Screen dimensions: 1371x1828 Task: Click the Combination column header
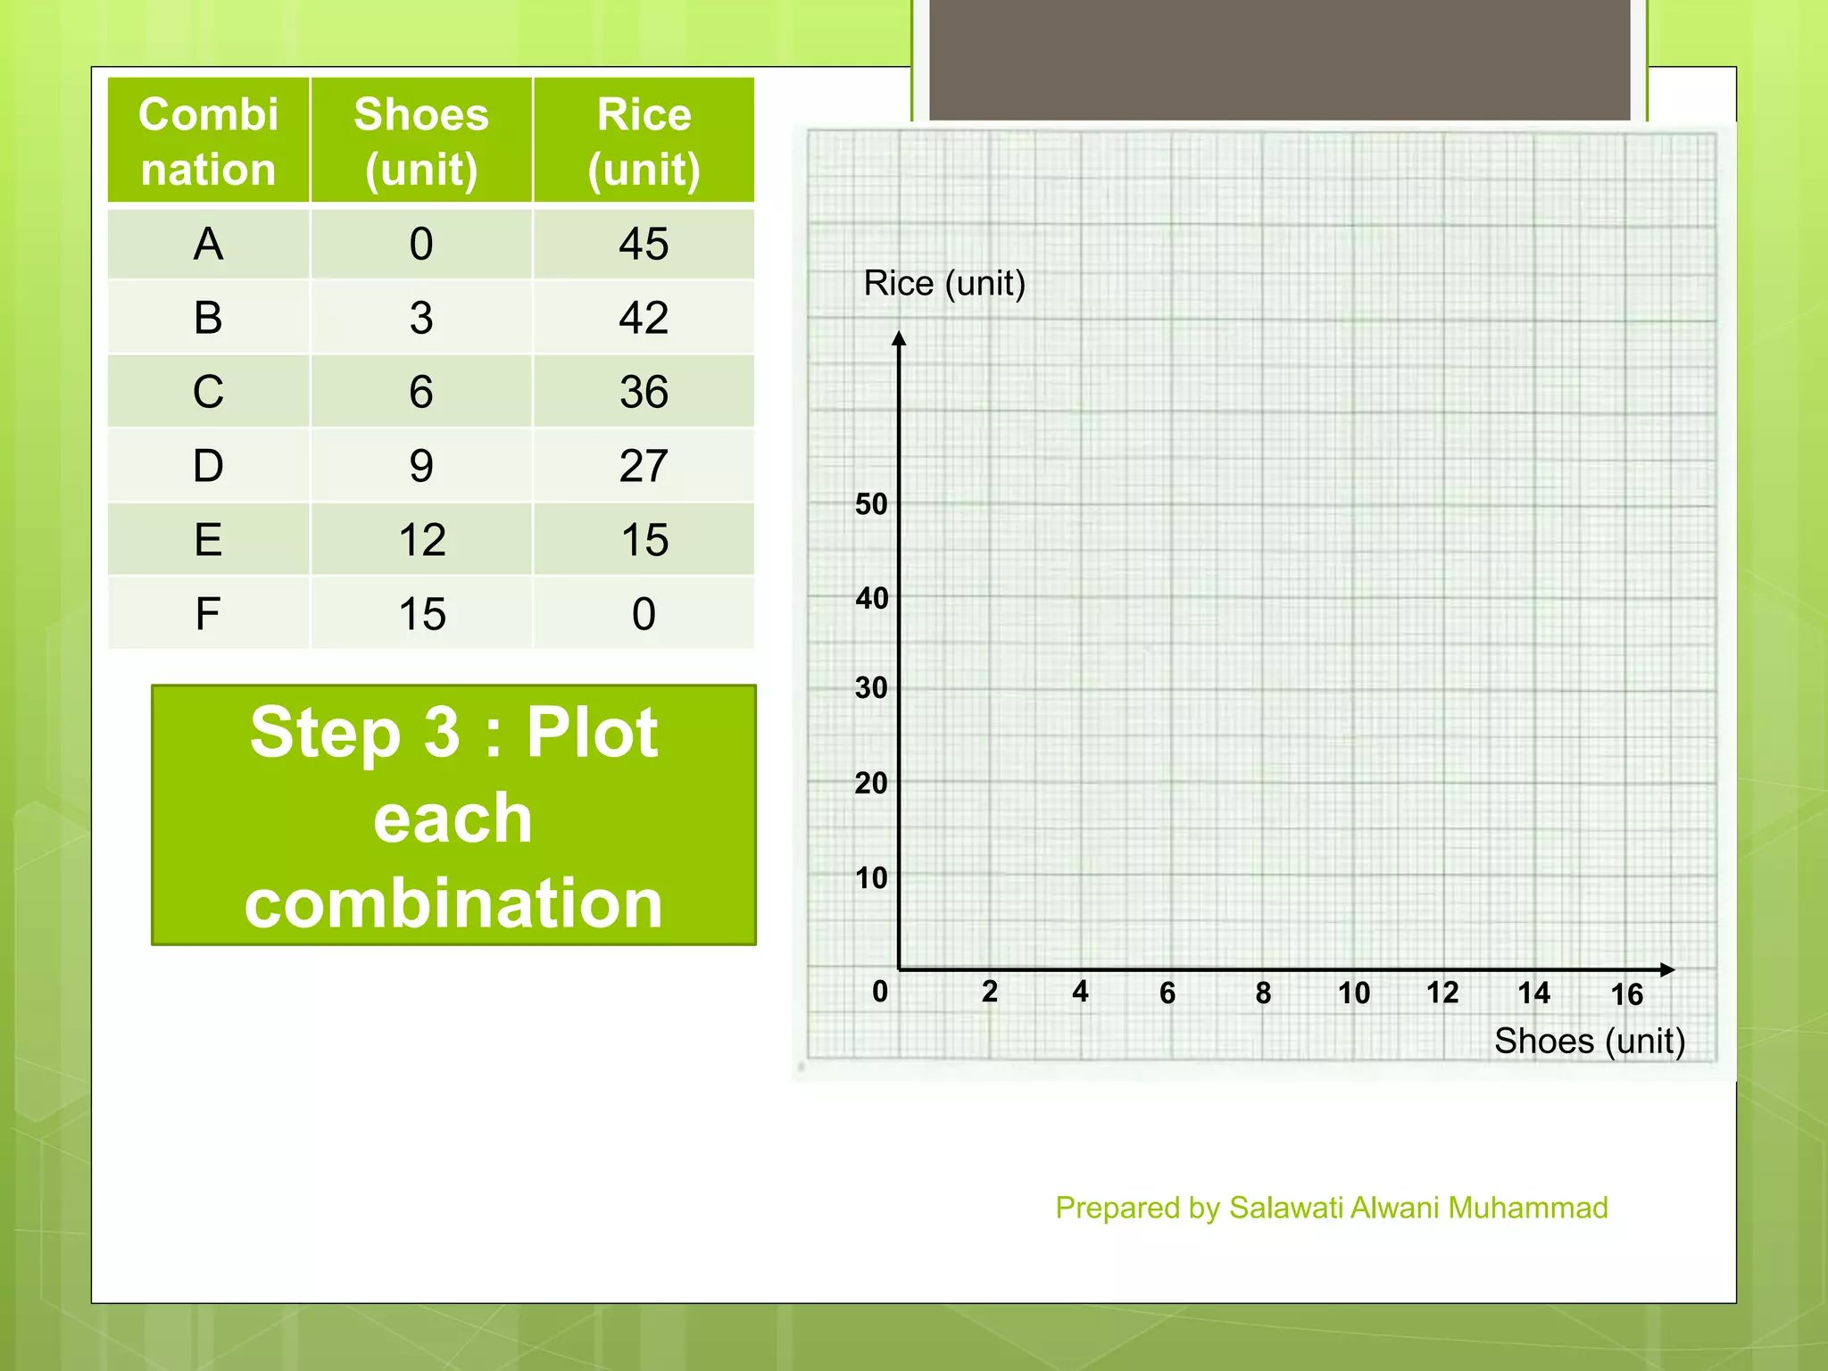(x=208, y=141)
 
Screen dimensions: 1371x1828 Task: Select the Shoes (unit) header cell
(x=421, y=141)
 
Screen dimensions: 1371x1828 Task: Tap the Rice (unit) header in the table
(x=644, y=141)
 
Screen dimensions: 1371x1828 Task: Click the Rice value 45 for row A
(x=644, y=244)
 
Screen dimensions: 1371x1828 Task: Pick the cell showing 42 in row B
(x=644, y=318)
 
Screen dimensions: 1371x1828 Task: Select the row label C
(x=208, y=392)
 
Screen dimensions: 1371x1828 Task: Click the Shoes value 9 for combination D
(x=421, y=466)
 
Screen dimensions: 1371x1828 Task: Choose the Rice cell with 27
(x=644, y=466)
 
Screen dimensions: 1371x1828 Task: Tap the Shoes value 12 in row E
(x=421, y=540)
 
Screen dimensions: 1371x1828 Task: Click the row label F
(x=208, y=614)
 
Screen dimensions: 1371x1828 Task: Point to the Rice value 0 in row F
(x=644, y=614)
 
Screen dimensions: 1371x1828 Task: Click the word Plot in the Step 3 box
(x=591, y=733)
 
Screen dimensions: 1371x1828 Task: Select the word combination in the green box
(x=453, y=902)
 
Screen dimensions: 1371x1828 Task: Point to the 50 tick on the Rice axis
(x=871, y=504)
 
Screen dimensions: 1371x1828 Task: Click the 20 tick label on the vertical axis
(x=871, y=784)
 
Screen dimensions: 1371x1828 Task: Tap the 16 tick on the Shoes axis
(x=1626, y=994)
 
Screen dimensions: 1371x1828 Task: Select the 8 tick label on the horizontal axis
(x=1263, y=993)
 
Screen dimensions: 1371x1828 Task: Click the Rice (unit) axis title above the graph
(x=944, y=284)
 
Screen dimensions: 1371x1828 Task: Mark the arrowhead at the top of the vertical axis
(x=899, y=338)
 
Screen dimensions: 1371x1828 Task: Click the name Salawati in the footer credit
(x=1286, y=1208)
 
